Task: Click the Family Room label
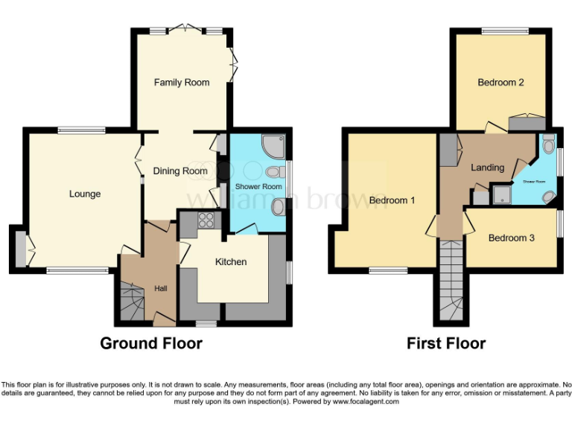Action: click(x=182, y=82)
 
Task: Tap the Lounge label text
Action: click(x=85, y=194)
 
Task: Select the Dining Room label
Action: click(x=180, y=171)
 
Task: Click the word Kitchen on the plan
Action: click(x=231, y=261)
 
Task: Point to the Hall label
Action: click(x=161, y=288)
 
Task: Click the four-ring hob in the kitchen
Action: click(x=205, y=220)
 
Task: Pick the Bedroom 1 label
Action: click(x=392, y=200)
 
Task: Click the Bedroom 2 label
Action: click(x=500, y=82)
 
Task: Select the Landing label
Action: click(x=488, y=168)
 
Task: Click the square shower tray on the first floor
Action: click(x=503, y=195)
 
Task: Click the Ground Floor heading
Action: click(x=151, y=343)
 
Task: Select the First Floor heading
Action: click(x=446, y=343)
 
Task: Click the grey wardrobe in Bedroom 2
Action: click(x=527, y=123)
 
